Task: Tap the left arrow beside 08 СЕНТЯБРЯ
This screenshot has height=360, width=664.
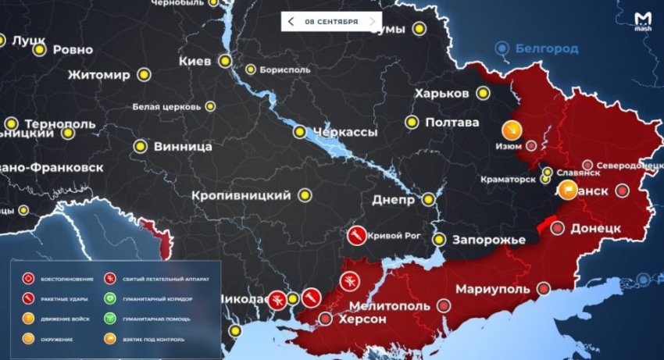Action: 291,22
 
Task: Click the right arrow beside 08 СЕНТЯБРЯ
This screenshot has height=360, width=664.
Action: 372,22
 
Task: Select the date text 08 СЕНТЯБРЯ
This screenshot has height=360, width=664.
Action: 331,22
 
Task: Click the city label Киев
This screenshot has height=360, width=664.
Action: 195,61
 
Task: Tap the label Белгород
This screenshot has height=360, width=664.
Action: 546,48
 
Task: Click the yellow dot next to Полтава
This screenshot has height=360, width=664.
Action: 412,122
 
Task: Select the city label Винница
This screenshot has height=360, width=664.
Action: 183,146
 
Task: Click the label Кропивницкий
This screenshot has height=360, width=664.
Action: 241,194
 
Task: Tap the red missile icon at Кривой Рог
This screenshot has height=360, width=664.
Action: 355,233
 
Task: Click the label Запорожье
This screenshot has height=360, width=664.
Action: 491,239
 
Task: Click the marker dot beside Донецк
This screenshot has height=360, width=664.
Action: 558,228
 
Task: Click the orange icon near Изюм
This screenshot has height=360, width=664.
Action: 510,129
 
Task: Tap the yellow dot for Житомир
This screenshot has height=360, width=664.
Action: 144,75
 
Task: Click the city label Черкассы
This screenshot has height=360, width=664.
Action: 344,132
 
